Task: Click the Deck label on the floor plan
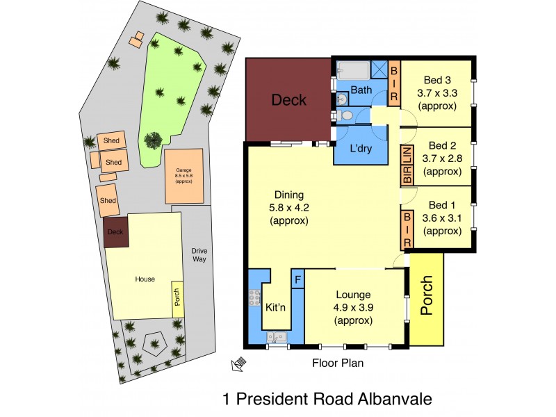pyautogui.click(x=288, y=100)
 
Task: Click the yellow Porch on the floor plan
pyautogui.click(x=425, y=298)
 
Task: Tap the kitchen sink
pyautogui.click(x=277, y=338)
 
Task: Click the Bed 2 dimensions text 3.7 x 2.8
pyautogui.click(x=442, y=158)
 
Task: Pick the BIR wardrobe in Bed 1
pyautogui.click(x=408, y=230)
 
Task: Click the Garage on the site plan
pyautogui.click(x=183, y=176)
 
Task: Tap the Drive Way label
pyautogui.click(x=200, y=254)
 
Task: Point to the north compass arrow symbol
pyautogui.click(x=238, y=363)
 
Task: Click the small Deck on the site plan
pyautogui.click(x=114, y=234)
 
